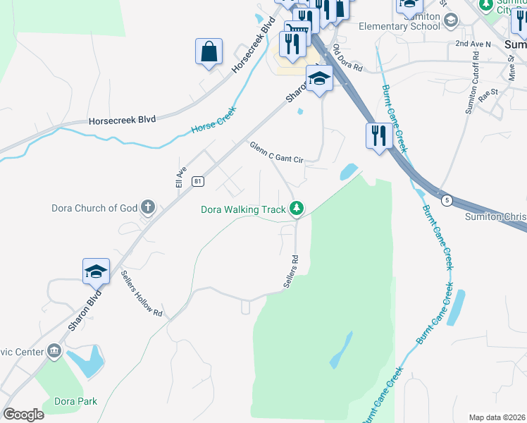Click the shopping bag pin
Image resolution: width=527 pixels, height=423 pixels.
(x=209, y=51)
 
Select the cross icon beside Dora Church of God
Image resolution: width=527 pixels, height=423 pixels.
(x=147, y=207)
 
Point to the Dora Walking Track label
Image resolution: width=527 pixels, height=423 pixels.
(x=243, y=209)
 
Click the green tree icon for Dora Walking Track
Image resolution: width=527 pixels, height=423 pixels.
(x=297, y=209)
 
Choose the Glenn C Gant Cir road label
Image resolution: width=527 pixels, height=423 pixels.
(x=275, y=152)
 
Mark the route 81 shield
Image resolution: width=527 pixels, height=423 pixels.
(x=198, y=181)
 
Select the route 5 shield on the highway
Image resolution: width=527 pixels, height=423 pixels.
(x=447, y=201)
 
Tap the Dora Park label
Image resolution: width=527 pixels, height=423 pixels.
(x=75, y=401)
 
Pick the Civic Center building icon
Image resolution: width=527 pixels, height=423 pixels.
(x=54, y=351)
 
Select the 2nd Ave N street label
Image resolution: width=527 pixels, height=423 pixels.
(x=473, y=44)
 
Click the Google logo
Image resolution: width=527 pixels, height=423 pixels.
(x=23, y=414)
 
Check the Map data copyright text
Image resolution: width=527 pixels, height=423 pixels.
(x=497, y=417)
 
